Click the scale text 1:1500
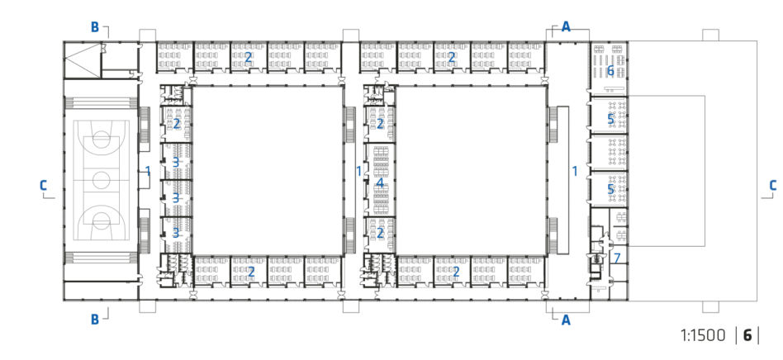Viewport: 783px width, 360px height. click(703, 335)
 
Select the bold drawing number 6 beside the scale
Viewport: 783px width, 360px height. click(747, 335)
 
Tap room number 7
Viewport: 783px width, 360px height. click(617, 258)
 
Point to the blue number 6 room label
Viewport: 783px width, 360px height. click(610, 71)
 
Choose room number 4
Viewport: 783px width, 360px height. click(380, 183)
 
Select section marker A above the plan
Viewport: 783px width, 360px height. click(566, 27)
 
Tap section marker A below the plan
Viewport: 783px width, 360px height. click(566, 320)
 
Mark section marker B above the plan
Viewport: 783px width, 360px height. click(94, 27)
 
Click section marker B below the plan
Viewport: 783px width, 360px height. click(94, 320)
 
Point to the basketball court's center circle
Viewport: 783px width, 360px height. click(101, 178)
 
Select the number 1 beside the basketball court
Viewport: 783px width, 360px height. click(148, 171)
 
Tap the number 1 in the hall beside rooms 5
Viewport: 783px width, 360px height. click(575, 171)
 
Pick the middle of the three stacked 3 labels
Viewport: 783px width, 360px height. click(175, 197)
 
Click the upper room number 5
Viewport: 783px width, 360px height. click(610, 119)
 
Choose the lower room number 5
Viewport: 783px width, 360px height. click(610, 189)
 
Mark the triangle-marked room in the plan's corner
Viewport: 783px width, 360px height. click(83, 60)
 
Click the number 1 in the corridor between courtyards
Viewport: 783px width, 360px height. click(358, 171)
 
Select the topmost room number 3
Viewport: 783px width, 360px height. click(175, 163)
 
